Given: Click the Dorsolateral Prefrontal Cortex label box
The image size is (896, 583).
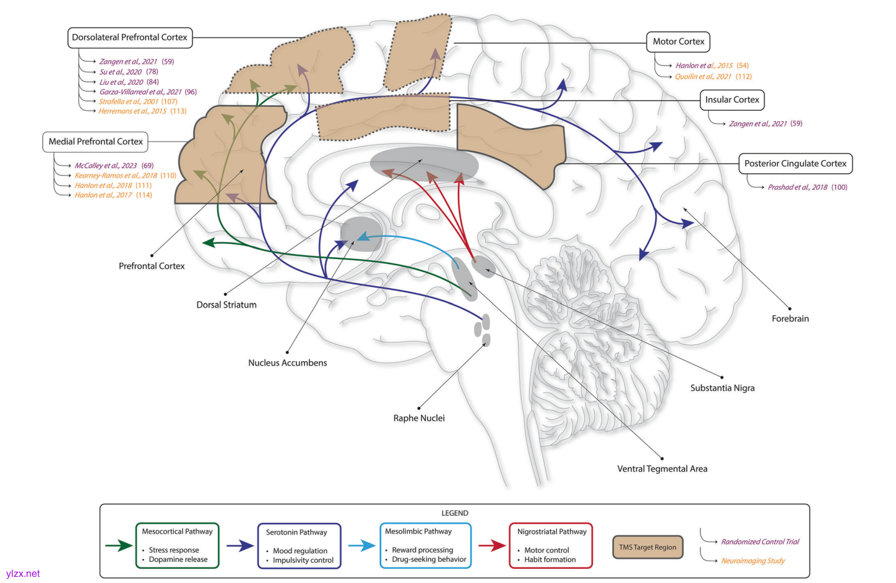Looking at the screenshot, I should click(129, 38).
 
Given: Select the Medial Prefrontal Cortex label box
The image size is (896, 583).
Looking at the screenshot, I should click(95, 142).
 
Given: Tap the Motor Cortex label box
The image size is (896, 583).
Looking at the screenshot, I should click(678, 41).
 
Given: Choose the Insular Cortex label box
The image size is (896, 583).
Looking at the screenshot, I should click(732, 100).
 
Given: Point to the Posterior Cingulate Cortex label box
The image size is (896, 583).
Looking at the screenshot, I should click(795, 164).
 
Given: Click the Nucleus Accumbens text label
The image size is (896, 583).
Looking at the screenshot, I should click(288, 363).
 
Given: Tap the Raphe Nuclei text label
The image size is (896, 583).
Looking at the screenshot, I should click(419, 419).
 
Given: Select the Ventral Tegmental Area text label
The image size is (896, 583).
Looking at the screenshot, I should click(662, 469).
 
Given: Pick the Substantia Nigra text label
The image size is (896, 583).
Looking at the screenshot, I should click(722, 388).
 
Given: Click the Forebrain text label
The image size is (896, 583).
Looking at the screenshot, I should click(790, 319).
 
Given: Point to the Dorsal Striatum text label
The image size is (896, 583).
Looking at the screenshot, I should click(226, 305).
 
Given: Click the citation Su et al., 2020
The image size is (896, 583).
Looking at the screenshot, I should click(121, 72).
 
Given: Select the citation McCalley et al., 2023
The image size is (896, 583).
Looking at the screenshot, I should click(106, 166).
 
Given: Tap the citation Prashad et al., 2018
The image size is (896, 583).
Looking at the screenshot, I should click(798, 187).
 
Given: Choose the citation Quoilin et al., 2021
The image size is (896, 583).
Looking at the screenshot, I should click(703, 77).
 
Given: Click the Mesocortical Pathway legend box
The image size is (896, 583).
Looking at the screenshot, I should click(177, 545).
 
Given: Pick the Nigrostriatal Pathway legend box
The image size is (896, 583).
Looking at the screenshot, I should click(551, 545).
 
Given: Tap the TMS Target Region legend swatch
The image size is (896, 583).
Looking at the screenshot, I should click(648, 547).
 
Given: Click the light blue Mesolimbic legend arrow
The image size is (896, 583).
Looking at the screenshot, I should click(362, 545).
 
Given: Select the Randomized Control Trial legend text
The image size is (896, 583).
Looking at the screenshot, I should click(760, 542).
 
